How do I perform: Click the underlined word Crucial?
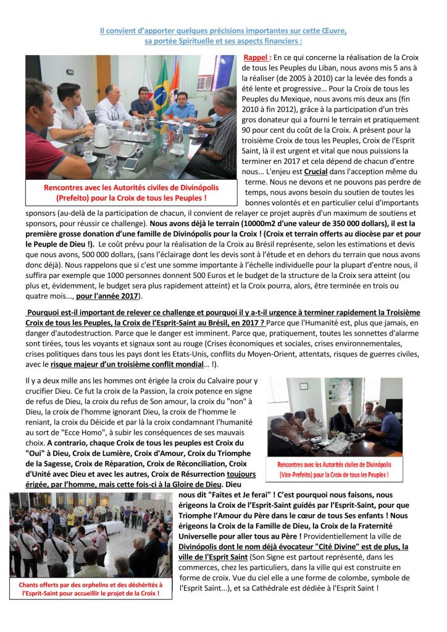click(x=316, y=171)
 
